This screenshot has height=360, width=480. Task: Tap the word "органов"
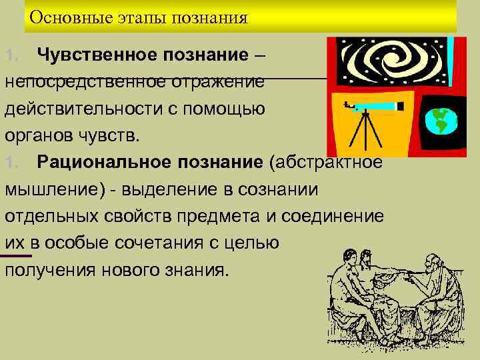[39, 136]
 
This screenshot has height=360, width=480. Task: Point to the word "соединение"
[333, 217]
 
